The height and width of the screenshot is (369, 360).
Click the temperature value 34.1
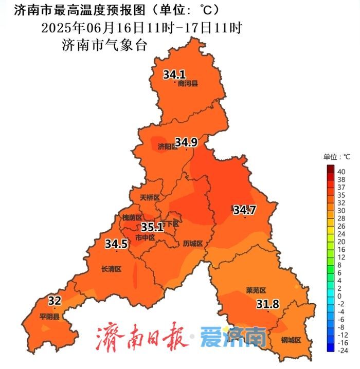(174, 75)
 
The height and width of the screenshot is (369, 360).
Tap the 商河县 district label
(188, 83)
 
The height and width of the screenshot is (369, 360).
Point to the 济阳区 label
(167, 147)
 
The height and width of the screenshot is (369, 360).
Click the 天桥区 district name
(150, 197)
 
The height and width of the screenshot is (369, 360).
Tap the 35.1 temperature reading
(152, 227)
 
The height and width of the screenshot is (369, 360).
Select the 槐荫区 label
(132, 218)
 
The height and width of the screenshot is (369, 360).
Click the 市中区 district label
(145, 238)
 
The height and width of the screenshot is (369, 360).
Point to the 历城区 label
(193, 244)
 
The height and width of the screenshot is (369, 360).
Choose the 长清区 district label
(111, 269)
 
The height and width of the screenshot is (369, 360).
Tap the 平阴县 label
(50, 317)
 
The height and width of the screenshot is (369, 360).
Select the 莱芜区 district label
(256, 290)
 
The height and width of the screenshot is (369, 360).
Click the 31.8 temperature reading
(267, 304)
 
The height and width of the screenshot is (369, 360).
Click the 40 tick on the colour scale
(341, 172)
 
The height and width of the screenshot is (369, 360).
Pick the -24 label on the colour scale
(341, 350)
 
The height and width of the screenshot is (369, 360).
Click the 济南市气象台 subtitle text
(104, 45)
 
